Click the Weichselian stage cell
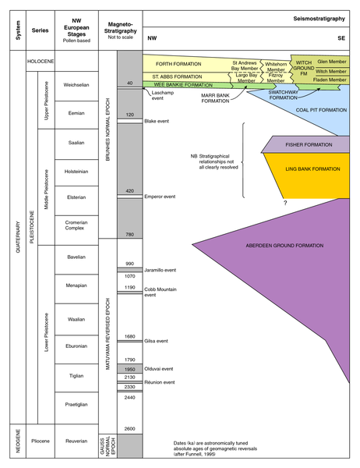76,86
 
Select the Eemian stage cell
76,115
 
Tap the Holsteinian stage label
76,172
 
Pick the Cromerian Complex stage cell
76,230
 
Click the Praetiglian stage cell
76,408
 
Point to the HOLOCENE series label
41,61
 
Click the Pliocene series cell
41,441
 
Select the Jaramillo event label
161,270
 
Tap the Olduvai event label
159,369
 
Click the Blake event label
157,121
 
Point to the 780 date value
130,235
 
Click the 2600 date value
130,429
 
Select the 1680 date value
130,336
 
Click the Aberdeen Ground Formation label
284,246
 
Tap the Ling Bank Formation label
312,169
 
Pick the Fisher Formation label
309,145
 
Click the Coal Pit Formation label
321,110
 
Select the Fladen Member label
330,80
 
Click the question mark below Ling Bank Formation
285,203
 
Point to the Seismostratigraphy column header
319,19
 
